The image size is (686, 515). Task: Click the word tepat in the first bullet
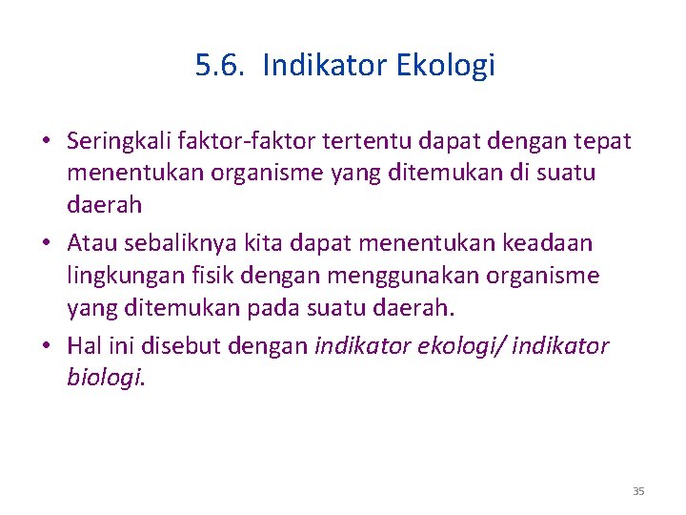602,142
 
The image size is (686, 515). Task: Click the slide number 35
638,491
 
